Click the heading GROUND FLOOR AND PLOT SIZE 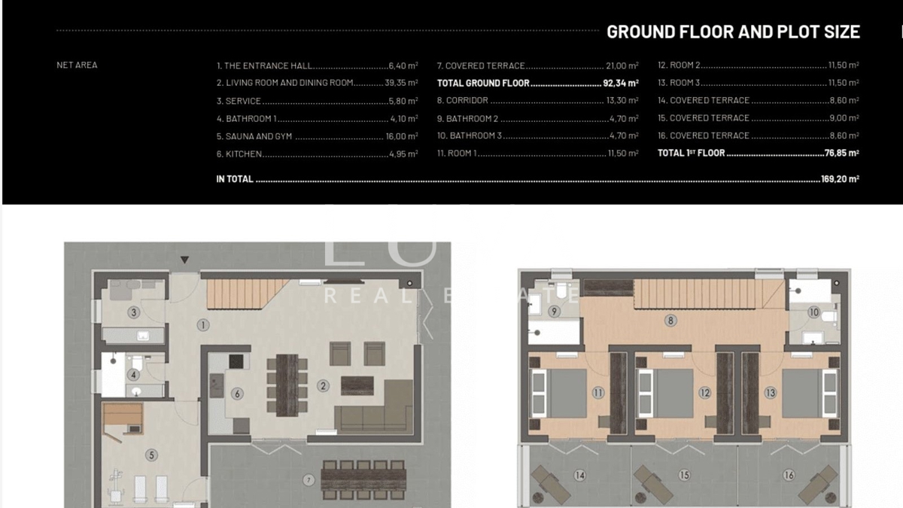733,32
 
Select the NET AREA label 77,65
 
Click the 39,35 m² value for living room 401,83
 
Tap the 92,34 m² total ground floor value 621,83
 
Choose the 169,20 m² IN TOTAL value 840,179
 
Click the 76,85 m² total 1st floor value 842,153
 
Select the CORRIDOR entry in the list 462,100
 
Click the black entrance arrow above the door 184,260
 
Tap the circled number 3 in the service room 134,312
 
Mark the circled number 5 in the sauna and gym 151,455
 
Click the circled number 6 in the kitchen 238,394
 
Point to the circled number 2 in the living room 323,386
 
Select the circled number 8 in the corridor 670,321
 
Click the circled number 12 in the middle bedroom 704,393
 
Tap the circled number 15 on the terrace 684,476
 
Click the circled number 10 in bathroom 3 814,312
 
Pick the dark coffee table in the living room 357,385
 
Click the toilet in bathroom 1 137,362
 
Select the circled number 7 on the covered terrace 309,480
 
